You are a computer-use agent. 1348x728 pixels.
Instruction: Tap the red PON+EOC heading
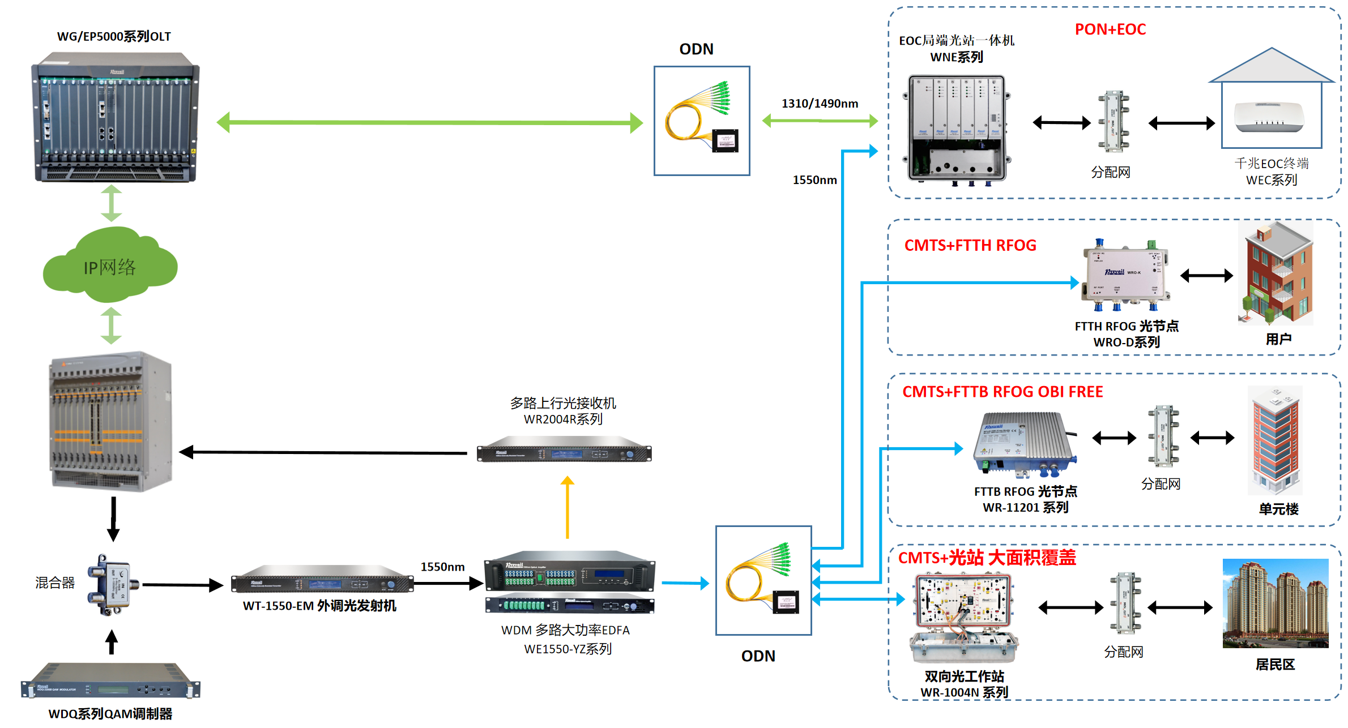tap(1110, 29)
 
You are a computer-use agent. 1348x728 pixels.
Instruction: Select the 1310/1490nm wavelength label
tap(820, 104)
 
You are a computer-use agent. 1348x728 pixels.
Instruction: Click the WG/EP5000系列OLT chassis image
tap(116, 117)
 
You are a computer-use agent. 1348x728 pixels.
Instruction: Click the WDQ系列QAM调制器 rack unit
tap(110, 682)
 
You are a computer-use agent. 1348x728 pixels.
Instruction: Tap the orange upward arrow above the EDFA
tap(568, 507)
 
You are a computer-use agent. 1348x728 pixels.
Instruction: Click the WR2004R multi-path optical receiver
tap(564, 449)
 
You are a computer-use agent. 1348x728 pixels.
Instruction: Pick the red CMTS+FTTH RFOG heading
tap(970, 245)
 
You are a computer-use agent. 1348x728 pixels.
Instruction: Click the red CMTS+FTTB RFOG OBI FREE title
tap(1003, 392)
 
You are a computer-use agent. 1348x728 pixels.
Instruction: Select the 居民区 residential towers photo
tap(1275, 603)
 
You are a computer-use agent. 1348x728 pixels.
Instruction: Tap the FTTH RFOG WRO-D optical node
tap(1125, 275)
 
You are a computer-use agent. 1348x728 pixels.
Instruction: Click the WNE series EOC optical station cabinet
tap(958, 129)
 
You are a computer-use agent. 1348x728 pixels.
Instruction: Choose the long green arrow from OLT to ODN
tap(430, 122)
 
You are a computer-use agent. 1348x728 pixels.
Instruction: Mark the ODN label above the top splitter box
tap(696, 49)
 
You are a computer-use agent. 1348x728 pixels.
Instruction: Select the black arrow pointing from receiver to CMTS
tap(323, 452)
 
